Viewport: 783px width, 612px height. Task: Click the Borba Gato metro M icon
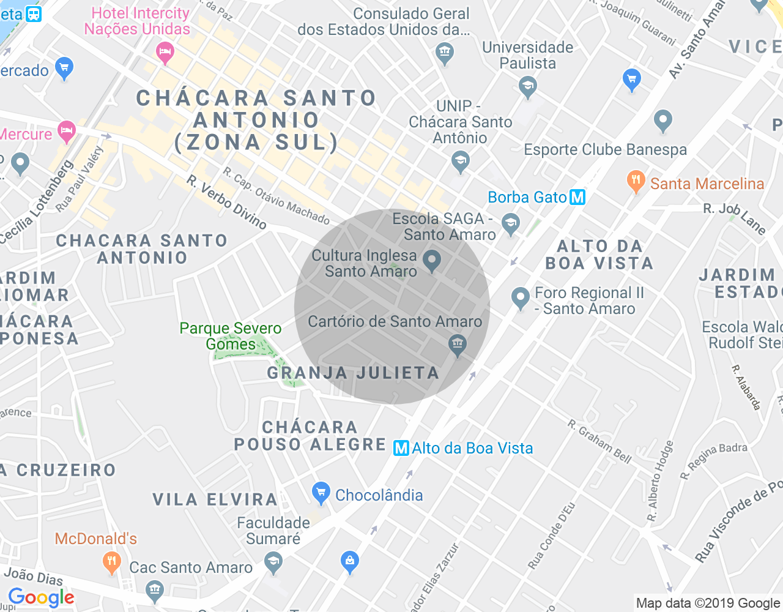[577, 197]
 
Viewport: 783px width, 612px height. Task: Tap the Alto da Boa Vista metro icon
[401, 448]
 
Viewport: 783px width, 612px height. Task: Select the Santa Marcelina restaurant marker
[636, 181]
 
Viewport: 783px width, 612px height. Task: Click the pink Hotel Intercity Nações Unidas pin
[165, 52]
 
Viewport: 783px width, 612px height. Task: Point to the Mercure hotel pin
[66, 130]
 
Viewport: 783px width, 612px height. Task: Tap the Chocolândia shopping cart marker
[321, 493]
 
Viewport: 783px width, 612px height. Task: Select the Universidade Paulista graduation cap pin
[527, 86]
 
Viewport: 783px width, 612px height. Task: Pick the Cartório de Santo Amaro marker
[457, 345]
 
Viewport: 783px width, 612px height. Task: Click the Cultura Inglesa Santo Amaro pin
[432, 261]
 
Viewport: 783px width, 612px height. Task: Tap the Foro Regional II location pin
[521, 298]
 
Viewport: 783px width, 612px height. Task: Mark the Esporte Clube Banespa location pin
[662, 121]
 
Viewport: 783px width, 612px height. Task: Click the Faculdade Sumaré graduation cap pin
[273, 561]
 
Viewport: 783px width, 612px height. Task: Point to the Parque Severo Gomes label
[231, 336]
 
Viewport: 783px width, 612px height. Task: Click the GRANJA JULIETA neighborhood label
[353, 373]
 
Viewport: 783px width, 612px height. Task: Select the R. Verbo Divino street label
[227, 203]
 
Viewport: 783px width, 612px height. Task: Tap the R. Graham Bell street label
[599, 441]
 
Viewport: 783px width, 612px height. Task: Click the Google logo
[41, 597]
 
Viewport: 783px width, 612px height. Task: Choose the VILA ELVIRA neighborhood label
[215, 499]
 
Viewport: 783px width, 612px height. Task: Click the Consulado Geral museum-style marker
[445, 53]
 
